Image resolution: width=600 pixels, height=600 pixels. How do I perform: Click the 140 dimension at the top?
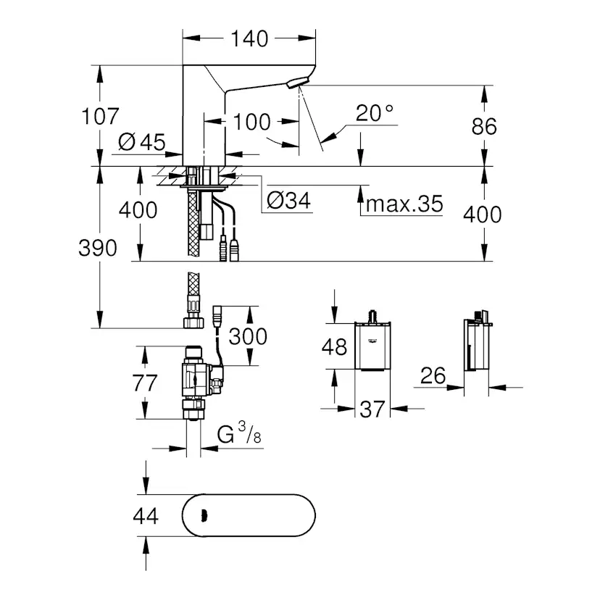click(x=249, y=38)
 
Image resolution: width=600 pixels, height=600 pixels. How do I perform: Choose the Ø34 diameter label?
click(x=288, y=201)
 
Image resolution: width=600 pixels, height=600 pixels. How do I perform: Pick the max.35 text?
click(x=404, y=204)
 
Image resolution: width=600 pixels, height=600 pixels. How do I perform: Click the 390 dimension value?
click(x=99, y=249)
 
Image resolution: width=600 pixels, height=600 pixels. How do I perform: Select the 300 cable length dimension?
click(x=247, y=337)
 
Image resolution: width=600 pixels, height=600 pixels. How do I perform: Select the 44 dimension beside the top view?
click(x=146, y=516)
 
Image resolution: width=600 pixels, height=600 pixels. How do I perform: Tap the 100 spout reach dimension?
click(x=252, y=122)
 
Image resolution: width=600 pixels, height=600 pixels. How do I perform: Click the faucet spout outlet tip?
click(x=293, y=85)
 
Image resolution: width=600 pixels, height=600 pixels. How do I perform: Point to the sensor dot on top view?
click(x=202, y=517)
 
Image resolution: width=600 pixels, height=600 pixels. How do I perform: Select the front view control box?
click(x=373, y=346)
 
